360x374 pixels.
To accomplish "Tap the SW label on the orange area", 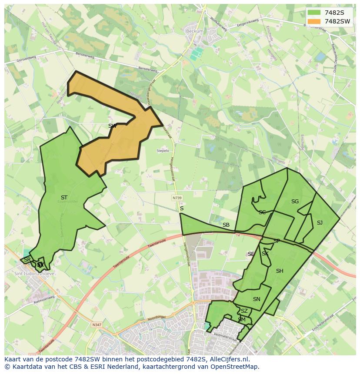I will (x=112, y=126).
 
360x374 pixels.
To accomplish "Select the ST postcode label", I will (x=64, y=198).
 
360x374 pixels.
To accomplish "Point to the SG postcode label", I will (x=295, y=202).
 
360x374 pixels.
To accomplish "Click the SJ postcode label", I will (x=320, y=223).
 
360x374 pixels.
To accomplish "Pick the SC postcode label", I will (x=262, y=212).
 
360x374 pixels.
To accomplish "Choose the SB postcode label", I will (x=226, y=225).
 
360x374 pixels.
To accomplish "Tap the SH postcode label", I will (x=280, y=271).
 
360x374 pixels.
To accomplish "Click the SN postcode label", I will (x=257, y=299).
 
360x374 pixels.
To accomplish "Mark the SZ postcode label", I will (x=244, y=311).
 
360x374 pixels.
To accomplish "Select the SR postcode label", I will (x=27, y=260).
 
